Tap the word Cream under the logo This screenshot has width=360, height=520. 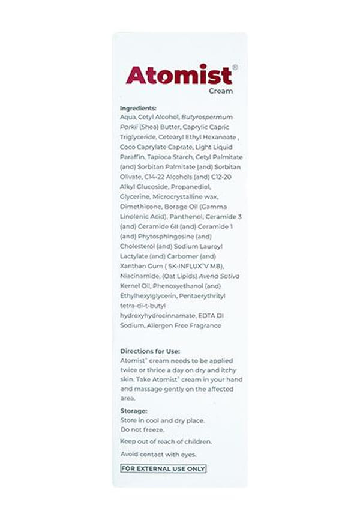click(220, 92)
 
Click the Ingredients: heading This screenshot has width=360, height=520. click(138, 109)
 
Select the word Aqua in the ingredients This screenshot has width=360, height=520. click(128, 118)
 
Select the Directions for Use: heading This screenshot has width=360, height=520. click(150, 351)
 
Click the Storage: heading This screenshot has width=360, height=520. click(134, 411)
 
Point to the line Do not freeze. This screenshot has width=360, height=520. click(142, 430)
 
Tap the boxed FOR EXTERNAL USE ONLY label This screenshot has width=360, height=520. click(163, 469)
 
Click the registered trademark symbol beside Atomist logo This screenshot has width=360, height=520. click(235, 67)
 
